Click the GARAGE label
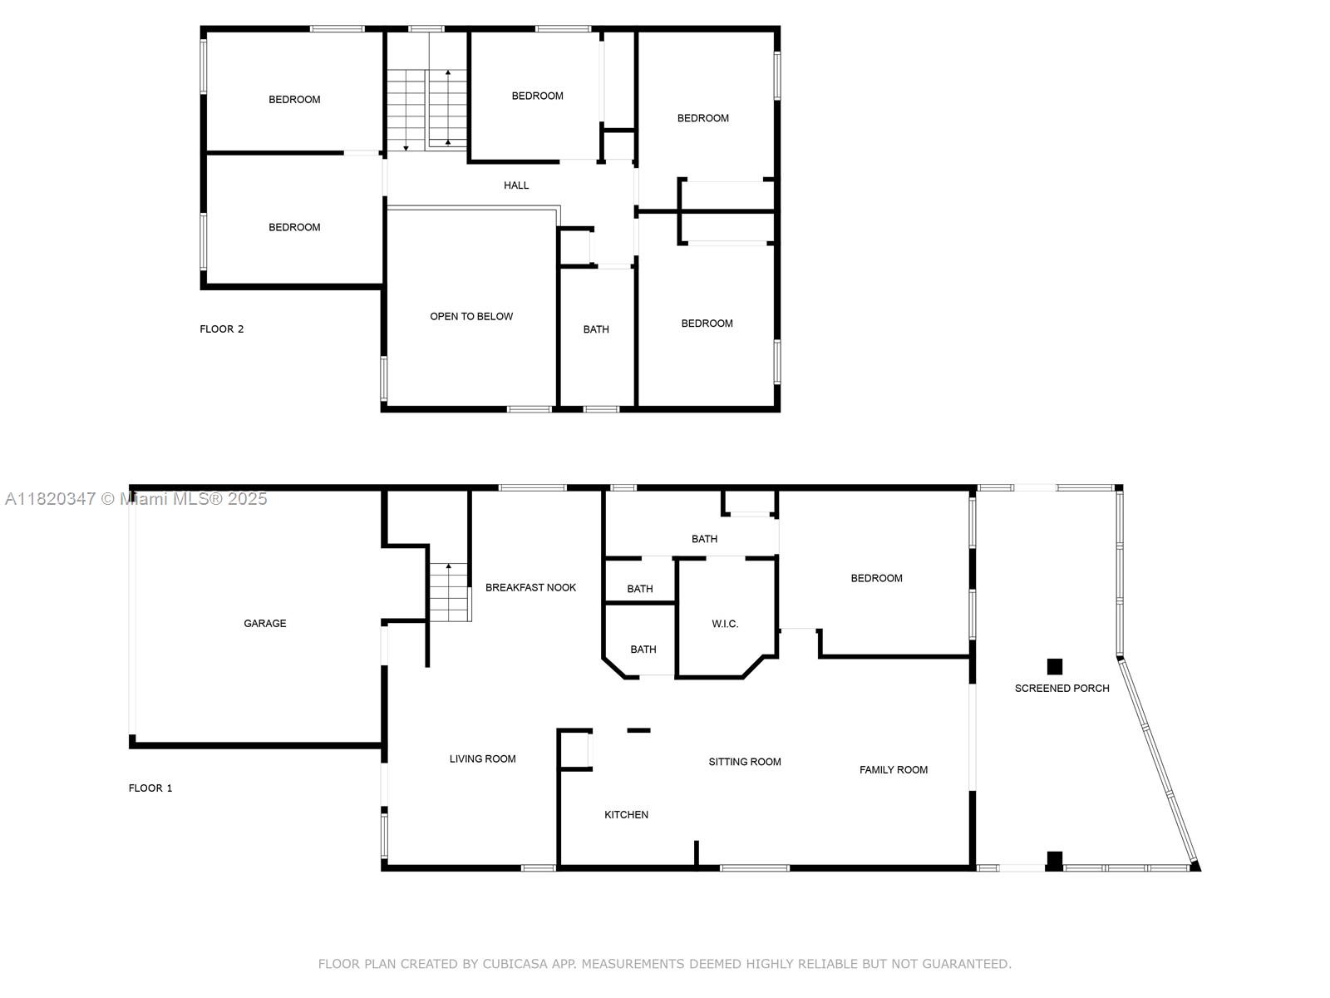coord(264,623)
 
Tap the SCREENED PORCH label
coord(1062,688)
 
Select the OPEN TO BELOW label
coord(471,316)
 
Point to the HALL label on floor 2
coord(516,185)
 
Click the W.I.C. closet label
coord(725,624)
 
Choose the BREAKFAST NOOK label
coord(530,587)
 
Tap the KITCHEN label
coord(626,814)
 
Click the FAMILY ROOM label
coord(894,769)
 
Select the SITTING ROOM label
coord(745,762)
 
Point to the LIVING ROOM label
coord(482,758)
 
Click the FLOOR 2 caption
coord(222,329)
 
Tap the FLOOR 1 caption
coord(150,788)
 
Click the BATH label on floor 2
coord(596,329)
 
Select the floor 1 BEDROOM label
coord(876,578)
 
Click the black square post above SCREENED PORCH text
coord(1055,666)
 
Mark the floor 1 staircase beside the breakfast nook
coord(450,592)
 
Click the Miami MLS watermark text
coord(135,498)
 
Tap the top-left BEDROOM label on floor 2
coord(294,100)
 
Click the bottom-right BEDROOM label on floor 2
coord(707,324)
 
